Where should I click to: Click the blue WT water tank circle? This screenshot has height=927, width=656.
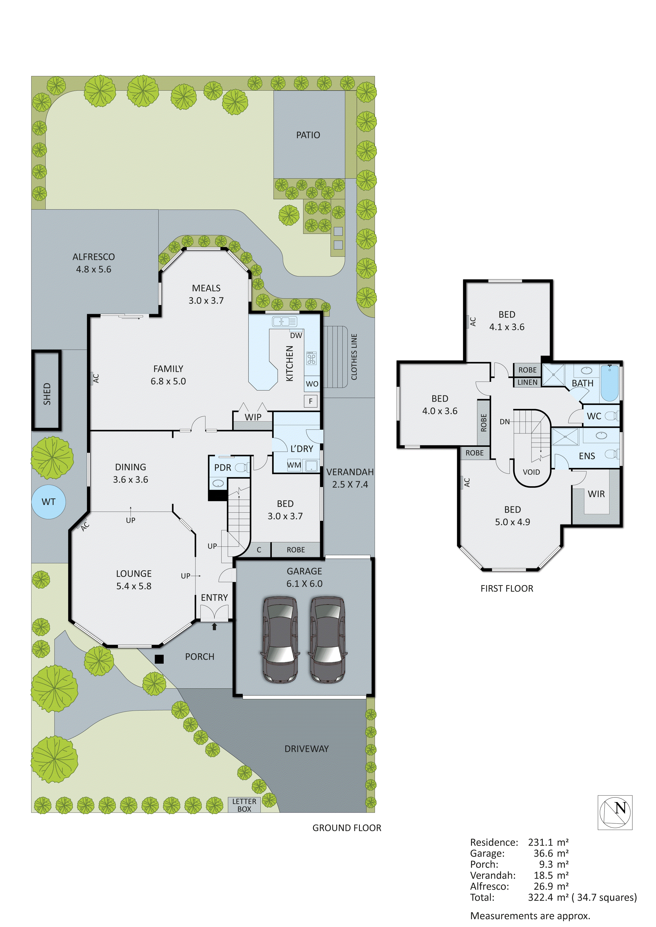[x=48, y=502]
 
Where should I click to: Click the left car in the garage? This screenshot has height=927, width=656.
[x=280, y=640]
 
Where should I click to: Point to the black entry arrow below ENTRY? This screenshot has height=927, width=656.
[x=214, y=626]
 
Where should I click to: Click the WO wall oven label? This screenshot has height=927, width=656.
[x=312, y=384]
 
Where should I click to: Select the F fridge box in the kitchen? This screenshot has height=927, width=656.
[x=311, y=401]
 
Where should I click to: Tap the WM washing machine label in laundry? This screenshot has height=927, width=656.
[x=294, y=465]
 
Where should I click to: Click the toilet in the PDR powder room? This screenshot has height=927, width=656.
[x=242, y=467]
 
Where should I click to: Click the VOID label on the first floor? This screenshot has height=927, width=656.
[x=531, y=472]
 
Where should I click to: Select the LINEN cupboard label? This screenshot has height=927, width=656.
[x=527, y=382]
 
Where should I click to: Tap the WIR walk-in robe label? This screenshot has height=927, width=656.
[x=596, y=494]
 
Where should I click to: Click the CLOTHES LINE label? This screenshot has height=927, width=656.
[x=354, y=356]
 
